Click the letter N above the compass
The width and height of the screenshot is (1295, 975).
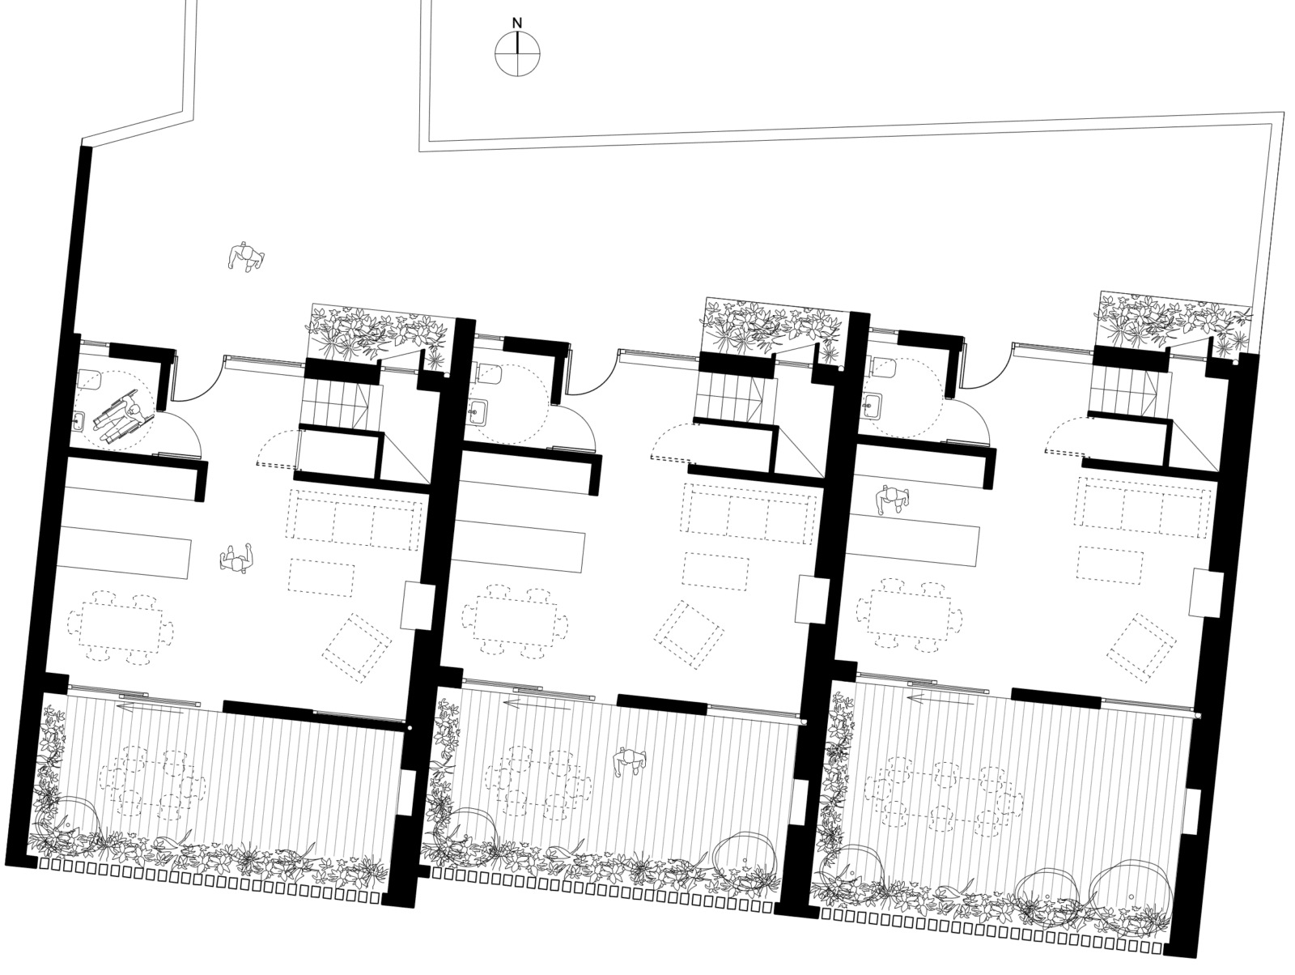point(517,23)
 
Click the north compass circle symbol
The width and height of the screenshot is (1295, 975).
point(517,53)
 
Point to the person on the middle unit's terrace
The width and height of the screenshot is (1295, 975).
point(631,761)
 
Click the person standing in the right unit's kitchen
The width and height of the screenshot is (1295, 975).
point(892,500)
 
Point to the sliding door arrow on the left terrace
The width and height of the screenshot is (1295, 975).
point(150,709)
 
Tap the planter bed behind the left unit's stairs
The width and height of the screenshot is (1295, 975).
point(380,334)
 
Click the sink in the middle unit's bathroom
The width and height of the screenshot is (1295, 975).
point(478,411)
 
